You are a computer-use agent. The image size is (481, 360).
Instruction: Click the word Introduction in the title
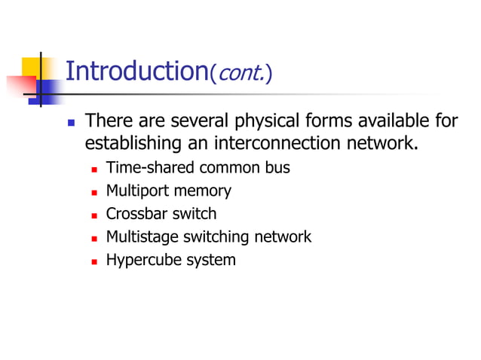coord(136,72)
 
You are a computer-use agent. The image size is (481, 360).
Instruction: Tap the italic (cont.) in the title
coord(240,74)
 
